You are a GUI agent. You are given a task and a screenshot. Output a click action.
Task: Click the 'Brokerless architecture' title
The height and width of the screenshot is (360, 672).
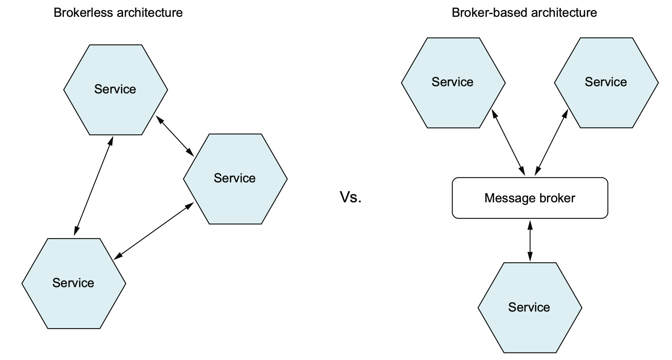pos(118,13)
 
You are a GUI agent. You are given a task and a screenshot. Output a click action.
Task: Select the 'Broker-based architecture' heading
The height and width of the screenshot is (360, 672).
pos(524,13)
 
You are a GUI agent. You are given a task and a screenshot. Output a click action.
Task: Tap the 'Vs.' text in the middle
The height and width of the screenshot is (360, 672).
pos(350,197)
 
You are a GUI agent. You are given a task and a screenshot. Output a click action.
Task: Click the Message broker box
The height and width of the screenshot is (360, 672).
pos(530,198)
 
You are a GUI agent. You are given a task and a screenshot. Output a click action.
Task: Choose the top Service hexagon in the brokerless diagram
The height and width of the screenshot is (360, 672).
pos(115,90)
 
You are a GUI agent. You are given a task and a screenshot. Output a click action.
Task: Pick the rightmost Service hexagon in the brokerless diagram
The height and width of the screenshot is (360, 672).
pos(235,179)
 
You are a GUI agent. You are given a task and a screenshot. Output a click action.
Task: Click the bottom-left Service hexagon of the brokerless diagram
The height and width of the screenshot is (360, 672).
pos(74,283)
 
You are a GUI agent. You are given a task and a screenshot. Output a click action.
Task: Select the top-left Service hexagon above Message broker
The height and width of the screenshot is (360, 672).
pos(453,83)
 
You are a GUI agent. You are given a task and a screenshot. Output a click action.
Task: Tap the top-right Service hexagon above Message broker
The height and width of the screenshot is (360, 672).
pos(606,83)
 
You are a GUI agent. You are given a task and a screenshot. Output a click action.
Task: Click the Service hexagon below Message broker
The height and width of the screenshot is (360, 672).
pos(530,308)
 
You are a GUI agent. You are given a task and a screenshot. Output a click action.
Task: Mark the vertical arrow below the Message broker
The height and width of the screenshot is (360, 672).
pos(530,241)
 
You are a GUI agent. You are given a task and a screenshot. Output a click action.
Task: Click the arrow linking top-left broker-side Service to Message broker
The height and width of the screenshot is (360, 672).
pos(508,142)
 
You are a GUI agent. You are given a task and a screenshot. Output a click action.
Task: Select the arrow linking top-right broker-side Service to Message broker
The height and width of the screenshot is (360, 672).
pos(551,142)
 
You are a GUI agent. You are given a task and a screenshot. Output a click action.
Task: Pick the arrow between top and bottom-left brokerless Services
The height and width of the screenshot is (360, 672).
pos(93,186)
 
